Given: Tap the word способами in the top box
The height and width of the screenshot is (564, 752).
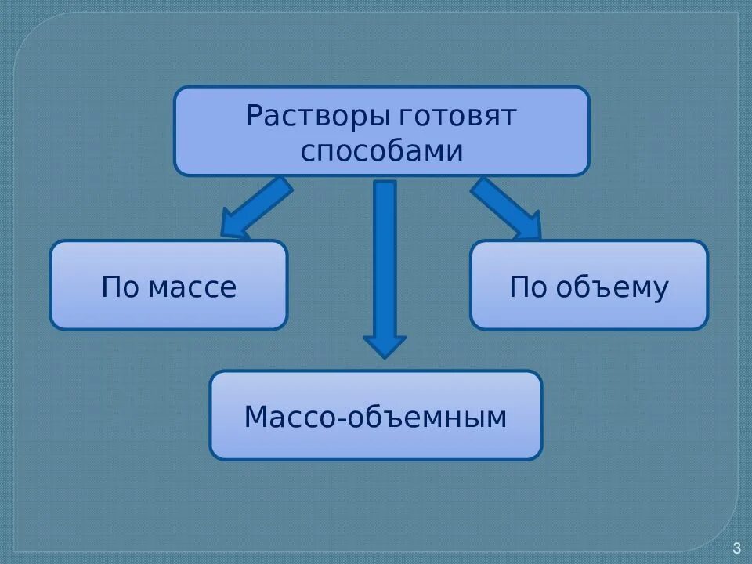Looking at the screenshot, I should pos(381,150).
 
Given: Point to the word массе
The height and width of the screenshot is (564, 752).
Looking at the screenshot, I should pos(192,287).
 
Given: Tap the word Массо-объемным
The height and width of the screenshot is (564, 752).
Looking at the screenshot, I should pos(375,417).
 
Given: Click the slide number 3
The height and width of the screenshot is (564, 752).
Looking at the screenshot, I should pos(736,548).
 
